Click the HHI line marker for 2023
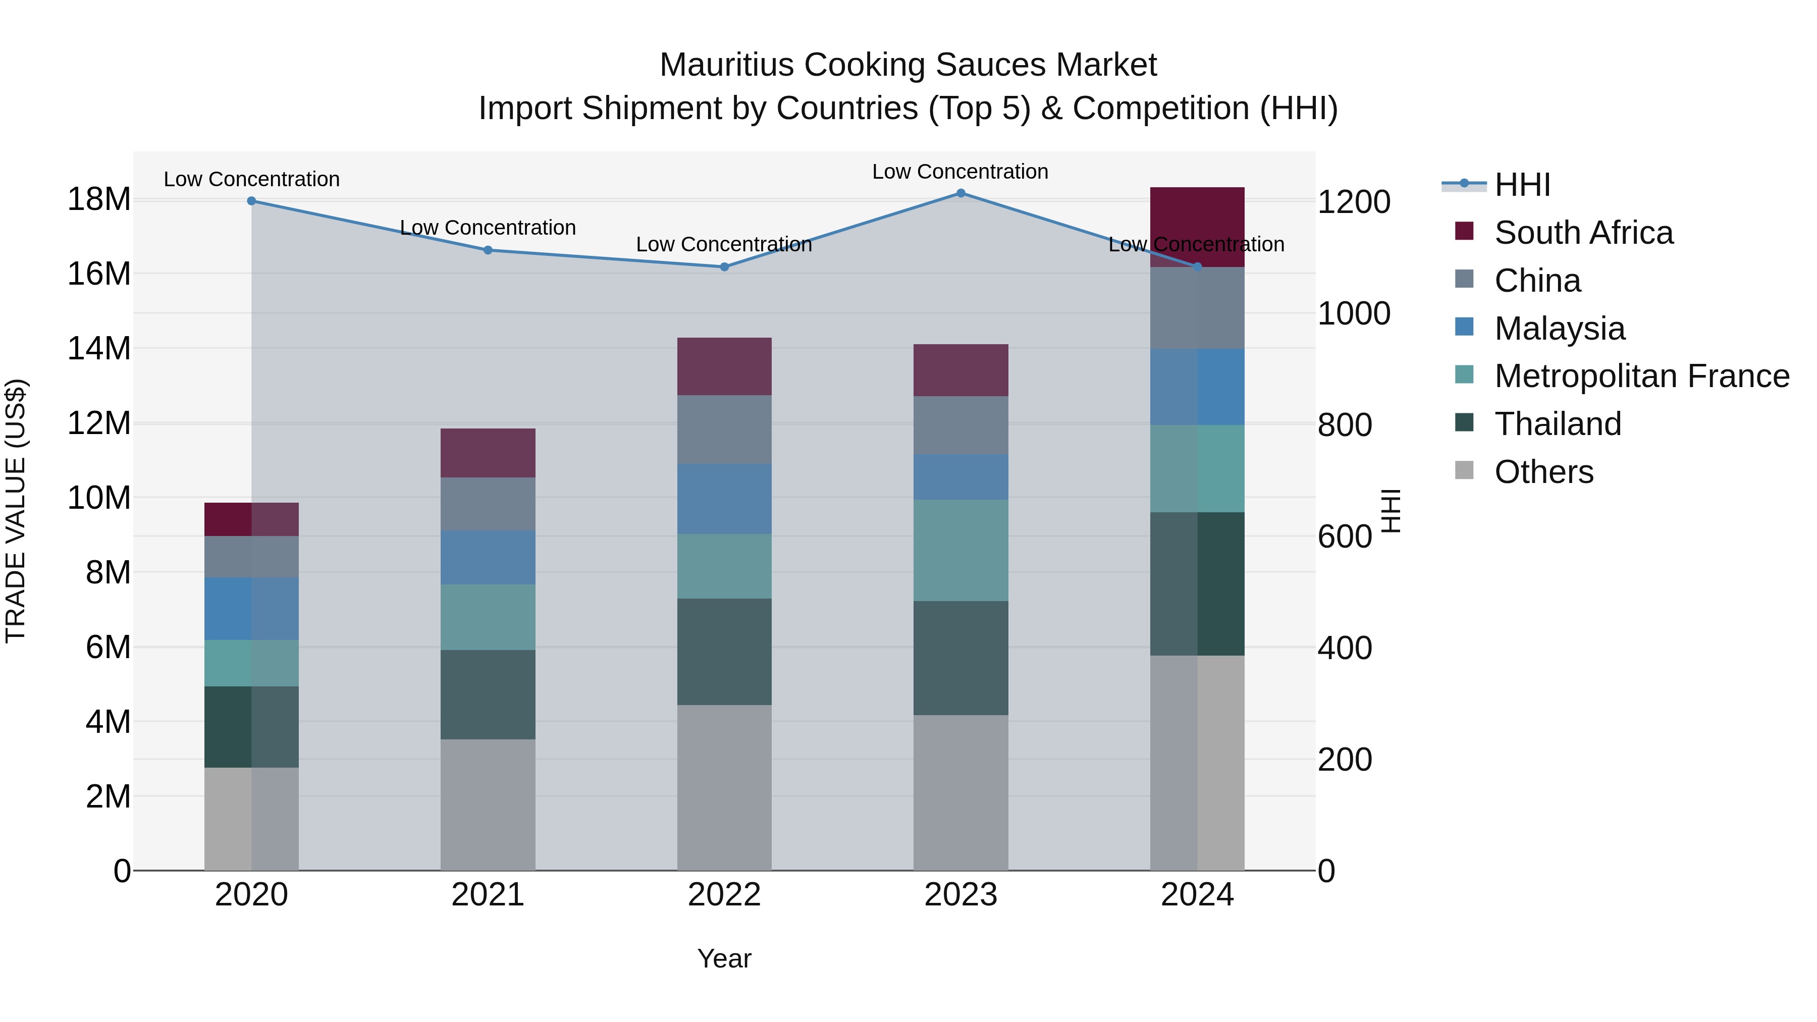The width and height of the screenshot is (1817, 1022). pyautogui.click(x=960, y=193)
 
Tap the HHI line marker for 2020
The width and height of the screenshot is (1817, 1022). pyautogui.click(x=252, y=201)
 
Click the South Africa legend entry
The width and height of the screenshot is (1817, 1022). pyautogui.click(x=1583, y=233)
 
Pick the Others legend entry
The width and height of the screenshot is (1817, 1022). pyautogui.click(x=1543, y=472)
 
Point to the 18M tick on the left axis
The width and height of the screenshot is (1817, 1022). pyautogui.click(x=99, y=199)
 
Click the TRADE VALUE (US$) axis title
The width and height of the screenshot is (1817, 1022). pyautogui.click(x=16, y=511)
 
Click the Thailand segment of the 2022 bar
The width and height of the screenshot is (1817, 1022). pyautogui.click(x=724, y=652)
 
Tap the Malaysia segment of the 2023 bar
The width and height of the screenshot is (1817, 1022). pyautogui.click(x=960, y=477)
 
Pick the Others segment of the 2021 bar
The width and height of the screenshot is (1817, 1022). pyautogui.click(x=488, y=805)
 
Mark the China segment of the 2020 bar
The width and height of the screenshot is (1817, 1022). pyautogui.click(x=252, y=557)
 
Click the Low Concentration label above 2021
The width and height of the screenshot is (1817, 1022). pyautogui.click(x=488, y=228)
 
